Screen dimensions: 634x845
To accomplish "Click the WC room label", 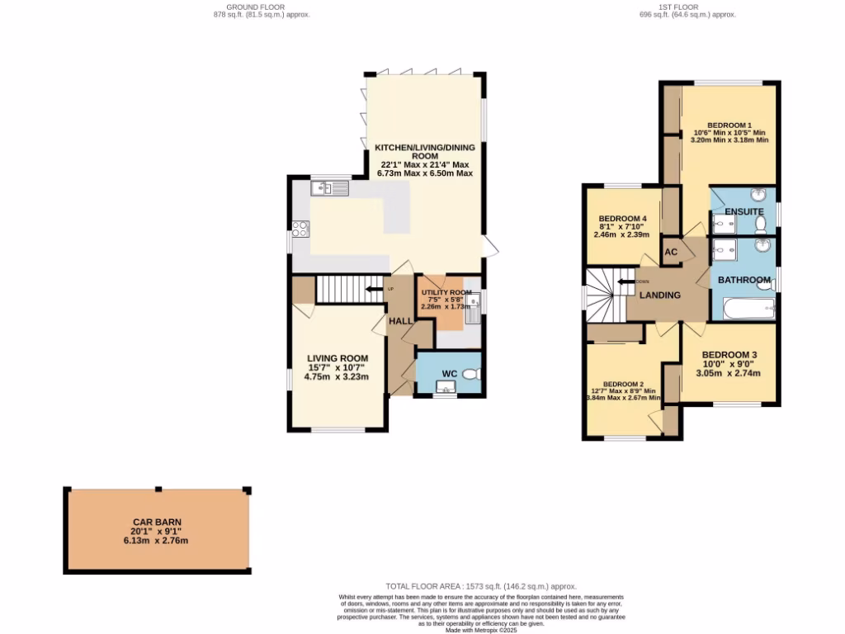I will (x=449, y=374).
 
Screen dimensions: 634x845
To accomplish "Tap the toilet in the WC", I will (x=470, y=374).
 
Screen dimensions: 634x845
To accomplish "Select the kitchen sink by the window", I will (x=329, y=189).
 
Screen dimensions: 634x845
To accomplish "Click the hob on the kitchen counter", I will (x=299, y=229).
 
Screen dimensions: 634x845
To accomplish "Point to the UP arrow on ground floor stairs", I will (x=374, y=289).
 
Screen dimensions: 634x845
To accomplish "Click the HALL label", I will (x=401, y=321).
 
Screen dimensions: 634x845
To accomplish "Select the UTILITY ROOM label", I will (x=446, y=293).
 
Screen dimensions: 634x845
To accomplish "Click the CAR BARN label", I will (x=156, y=523).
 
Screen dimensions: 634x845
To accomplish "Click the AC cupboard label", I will (x=671, y=252).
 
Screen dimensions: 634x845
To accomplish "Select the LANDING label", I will (x=661, y=295).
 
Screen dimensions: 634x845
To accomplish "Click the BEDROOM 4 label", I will (x=621, y=219).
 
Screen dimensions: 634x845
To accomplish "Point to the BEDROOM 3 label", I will (x=729, y=354).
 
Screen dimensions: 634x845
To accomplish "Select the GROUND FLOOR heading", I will (x=262, y=7).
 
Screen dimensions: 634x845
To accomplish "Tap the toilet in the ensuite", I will (x=761, y=221).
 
